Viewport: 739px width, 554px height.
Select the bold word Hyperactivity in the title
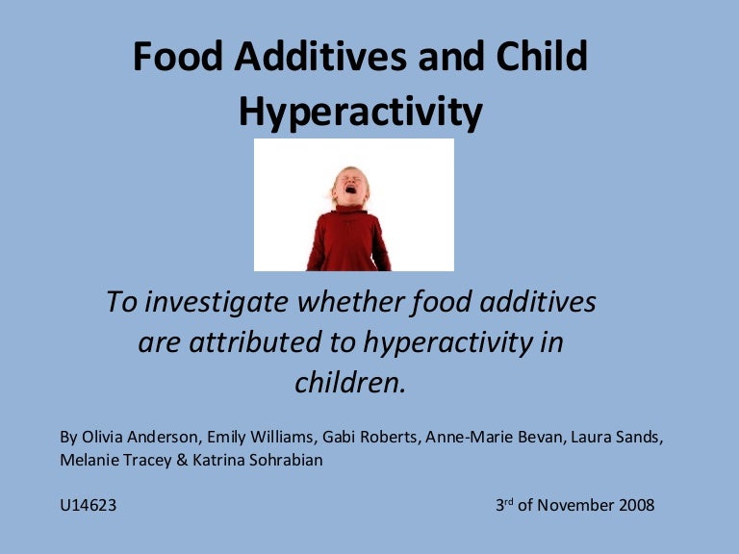click(x=361, y=113)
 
